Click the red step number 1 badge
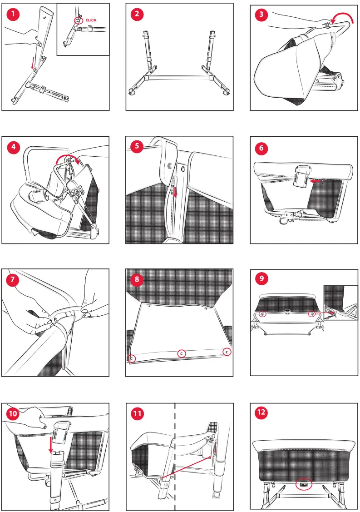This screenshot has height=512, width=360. pos(13,14)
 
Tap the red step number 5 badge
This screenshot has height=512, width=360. pos(137,146)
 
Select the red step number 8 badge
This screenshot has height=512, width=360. pos(137,279)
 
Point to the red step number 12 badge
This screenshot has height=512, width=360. pos(261,412)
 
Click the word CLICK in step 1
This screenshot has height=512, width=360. pos(91,20)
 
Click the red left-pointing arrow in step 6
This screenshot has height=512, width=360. pos(316,180)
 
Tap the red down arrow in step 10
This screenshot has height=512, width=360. pos(50,445)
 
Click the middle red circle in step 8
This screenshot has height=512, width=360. pos(182,353)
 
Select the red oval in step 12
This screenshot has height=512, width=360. pos(304,484)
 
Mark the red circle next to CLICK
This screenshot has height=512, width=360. pos(79,20)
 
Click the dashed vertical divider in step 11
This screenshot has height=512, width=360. pos(175,457)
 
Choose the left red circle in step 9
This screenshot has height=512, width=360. pos(262,314)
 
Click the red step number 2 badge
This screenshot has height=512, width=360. pos(137,14)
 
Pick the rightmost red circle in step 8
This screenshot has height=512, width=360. pos(227,352)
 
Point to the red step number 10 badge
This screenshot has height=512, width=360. pos(13,414)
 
